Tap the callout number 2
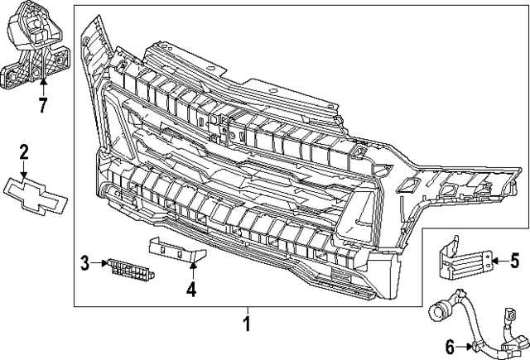[24, 151]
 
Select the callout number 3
[84, 264]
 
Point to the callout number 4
[191, 290]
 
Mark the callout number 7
[42, 104]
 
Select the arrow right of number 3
[99, 264]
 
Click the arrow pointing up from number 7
[42, 88]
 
